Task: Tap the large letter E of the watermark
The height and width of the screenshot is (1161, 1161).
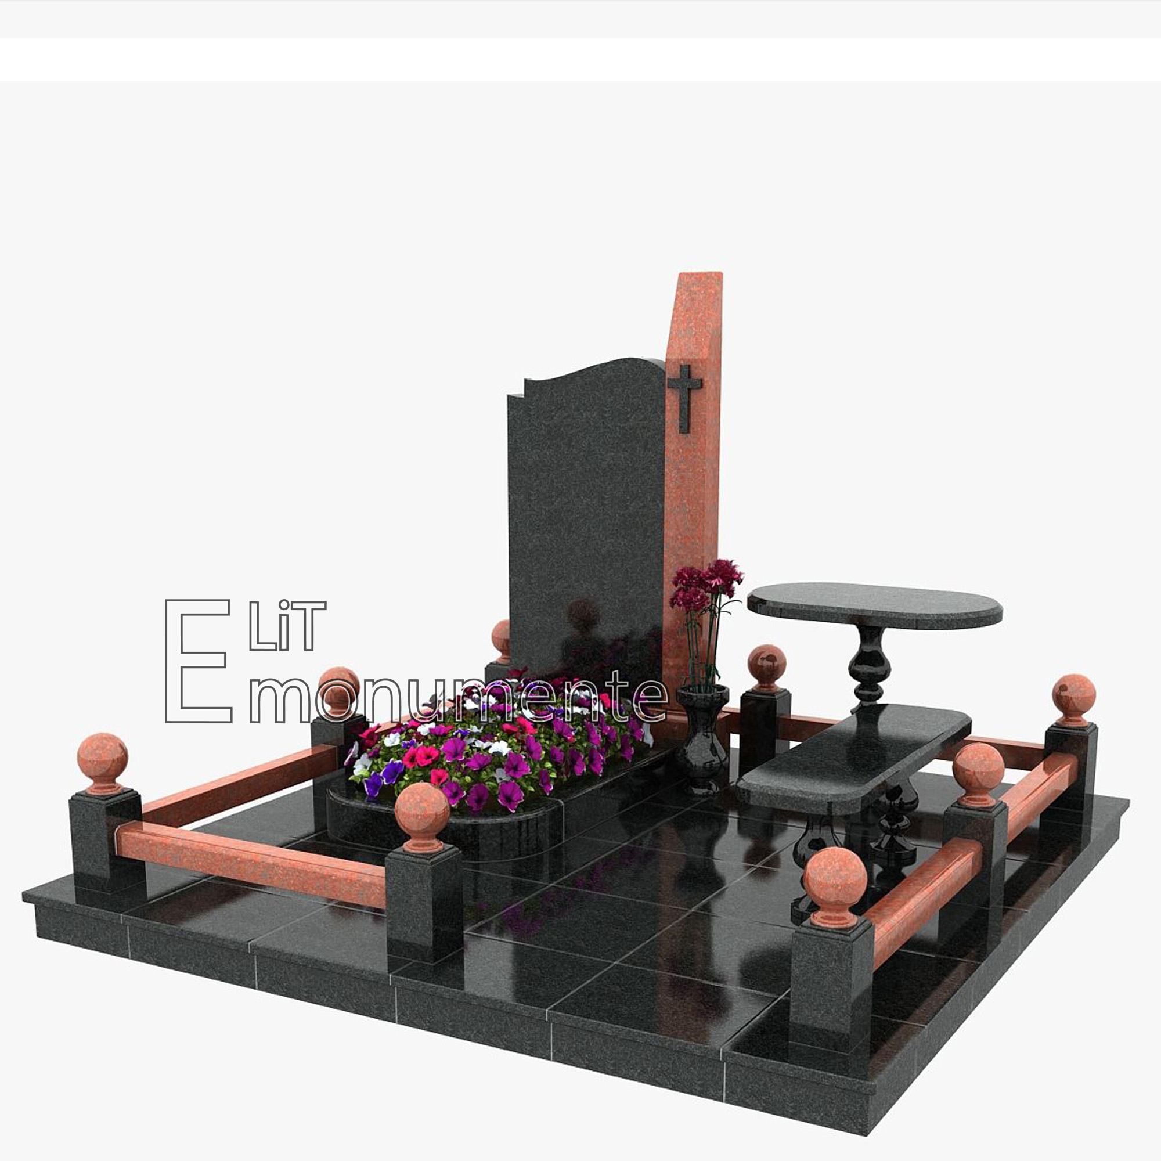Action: coord(198,661)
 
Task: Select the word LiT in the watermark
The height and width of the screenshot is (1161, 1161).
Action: coord(287,626)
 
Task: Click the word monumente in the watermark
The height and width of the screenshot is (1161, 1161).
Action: coord(457,699)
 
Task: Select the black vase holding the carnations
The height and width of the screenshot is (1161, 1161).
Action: coord(702,738)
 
